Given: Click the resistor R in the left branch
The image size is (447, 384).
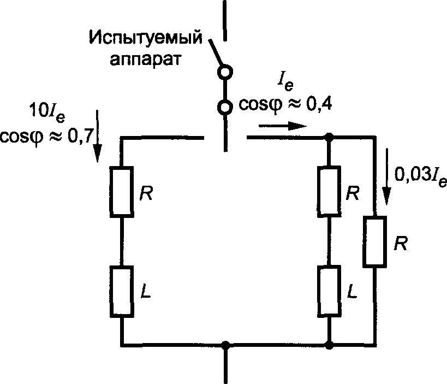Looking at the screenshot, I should tap(121, 192).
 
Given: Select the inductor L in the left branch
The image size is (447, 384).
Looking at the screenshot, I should tap(121, 292).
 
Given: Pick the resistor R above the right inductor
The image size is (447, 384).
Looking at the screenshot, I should tap(329, 192).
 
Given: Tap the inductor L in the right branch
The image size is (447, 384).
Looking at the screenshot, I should tap(329, 292).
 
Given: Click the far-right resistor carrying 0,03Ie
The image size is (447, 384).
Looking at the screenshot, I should tap(375, 242).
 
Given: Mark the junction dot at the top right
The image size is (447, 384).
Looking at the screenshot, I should tap(329, 138).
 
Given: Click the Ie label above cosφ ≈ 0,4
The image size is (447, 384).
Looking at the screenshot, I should tap(284, 82).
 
